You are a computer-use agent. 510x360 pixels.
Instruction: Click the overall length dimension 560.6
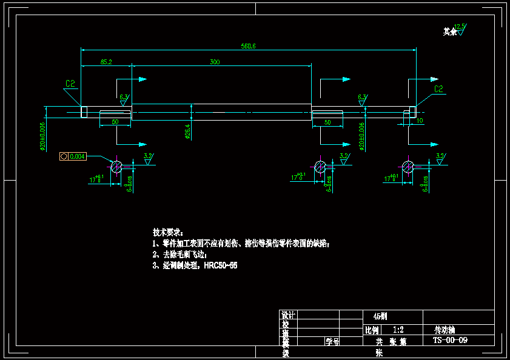pos(248,46)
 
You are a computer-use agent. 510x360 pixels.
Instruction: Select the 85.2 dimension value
pos(106,62)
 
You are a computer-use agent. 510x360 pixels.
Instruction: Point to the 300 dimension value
pos(215,62)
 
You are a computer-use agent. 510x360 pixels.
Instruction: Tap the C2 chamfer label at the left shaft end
pos(70,85)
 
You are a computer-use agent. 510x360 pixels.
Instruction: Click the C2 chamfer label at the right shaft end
pos(438,89)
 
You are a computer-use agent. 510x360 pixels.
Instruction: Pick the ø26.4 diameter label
pos(187,132)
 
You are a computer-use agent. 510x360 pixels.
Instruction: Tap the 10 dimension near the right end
pos(420,121)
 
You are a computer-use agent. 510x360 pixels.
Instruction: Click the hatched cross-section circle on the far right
pos(409,166)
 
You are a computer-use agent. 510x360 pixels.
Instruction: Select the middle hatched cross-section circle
pos(320,166)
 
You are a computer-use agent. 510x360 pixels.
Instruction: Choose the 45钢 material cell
pos(379,316)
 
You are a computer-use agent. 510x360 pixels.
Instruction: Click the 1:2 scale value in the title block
pos(399,330)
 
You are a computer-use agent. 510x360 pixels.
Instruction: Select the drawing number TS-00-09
pos(450,341)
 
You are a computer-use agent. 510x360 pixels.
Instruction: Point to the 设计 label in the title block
pos(287,315)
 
